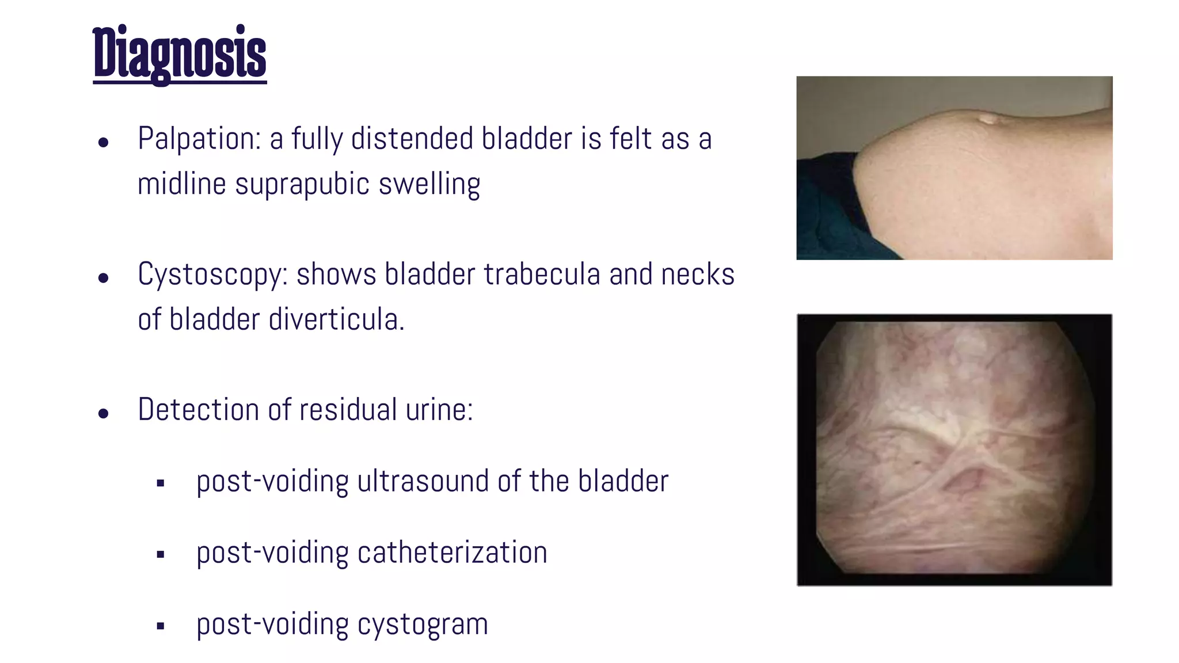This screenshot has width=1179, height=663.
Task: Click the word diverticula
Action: (x=336, y=320)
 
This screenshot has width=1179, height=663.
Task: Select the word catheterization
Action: (x=452, y=552)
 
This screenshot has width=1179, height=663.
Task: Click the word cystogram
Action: (x=423, y=624)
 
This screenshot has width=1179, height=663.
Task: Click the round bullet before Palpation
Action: (x=104, y=142)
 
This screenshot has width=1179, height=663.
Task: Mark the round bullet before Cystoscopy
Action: (x=104, y=278)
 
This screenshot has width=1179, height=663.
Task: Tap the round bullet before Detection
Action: (x=104, y=413)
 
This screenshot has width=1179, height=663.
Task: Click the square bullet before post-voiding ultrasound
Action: (x=161, y=483)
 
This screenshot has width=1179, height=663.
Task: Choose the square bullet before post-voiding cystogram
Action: (x=161, y=626)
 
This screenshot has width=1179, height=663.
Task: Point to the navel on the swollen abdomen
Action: (x=988, y=120)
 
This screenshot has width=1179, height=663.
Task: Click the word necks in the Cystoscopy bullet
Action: (x=698, y=275)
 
